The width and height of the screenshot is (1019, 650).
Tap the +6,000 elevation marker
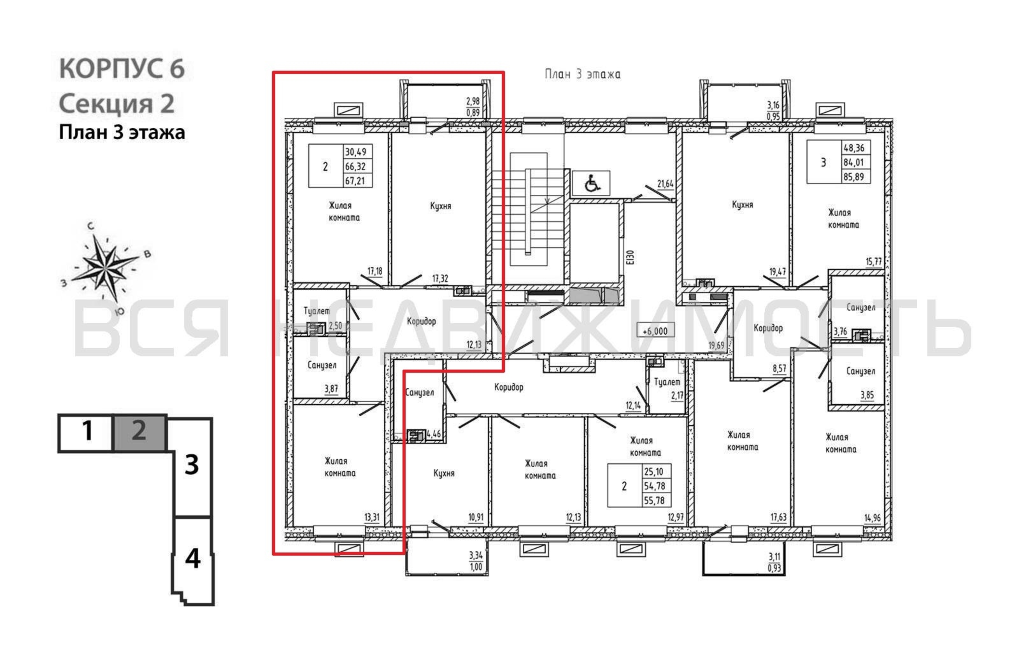click(655, 331)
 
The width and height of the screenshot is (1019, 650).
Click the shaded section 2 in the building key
click(140, 432)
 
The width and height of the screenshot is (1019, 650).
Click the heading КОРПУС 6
click(122, 68)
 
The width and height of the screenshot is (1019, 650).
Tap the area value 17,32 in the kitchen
click(440, 278)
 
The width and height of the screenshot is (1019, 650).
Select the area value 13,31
click(372, 517)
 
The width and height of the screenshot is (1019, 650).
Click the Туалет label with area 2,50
click(316, 311)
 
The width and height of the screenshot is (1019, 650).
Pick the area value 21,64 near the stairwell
click(665, 184)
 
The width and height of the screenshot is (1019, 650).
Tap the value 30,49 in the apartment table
click(355, 151)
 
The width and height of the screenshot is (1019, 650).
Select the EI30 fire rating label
click(631, 257)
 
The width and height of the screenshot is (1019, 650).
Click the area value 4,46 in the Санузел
click(434, 434)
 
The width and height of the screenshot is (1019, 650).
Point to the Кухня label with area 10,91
click(444, 473)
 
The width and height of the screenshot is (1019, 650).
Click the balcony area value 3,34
click(476, 555)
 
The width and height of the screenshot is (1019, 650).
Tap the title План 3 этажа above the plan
click(583, 74)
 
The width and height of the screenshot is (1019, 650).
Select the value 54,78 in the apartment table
click(654, 486)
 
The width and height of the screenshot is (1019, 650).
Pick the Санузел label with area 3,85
click(861, 371)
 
